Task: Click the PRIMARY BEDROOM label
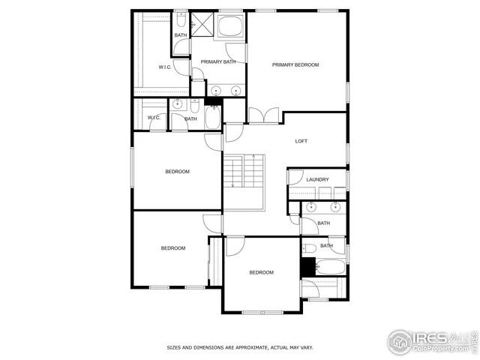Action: [x=295, y=65]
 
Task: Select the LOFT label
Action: [x=301, y=141]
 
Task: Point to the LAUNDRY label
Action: [x=317, y=180]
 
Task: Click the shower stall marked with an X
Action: [x=202, y=24]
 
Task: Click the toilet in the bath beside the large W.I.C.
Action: [x=181, y=18]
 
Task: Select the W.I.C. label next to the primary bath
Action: [x=166, y=67]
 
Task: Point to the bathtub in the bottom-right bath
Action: [x=330, y=267]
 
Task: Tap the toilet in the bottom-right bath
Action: [x=310, y=247]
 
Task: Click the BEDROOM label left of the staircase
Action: [x=178, y=172]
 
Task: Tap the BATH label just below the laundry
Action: [x=323, y=223]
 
